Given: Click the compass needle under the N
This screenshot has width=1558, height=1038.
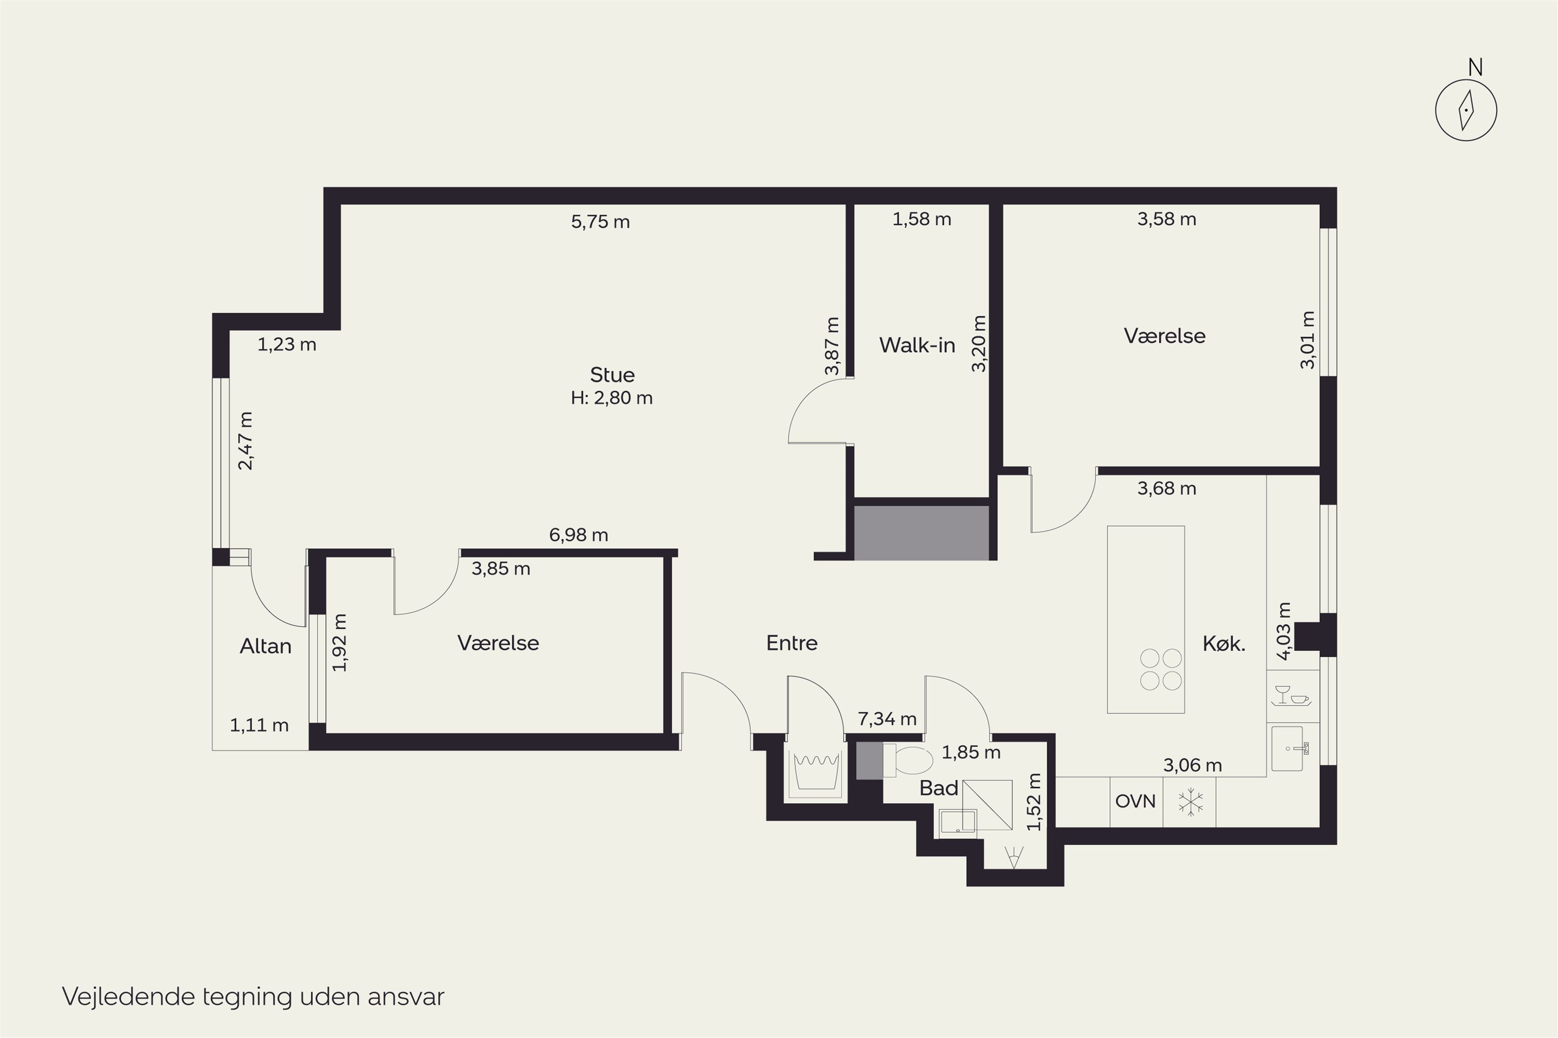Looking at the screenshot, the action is point(1467,110).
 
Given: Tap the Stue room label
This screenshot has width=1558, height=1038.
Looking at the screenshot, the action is point(612,375).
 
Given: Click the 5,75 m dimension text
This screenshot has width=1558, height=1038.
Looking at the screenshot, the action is point(600,221).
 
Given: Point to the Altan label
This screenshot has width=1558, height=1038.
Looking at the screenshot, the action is point(265,646).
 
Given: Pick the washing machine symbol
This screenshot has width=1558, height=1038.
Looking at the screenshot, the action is point(816,773).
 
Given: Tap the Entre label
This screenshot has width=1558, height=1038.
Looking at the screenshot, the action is point(791,643).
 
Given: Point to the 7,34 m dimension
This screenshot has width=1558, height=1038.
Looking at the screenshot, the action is point(887,718).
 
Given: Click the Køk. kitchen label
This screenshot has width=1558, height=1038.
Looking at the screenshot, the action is point(1224,644).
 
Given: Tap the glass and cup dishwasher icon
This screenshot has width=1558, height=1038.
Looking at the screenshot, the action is point(1292,696).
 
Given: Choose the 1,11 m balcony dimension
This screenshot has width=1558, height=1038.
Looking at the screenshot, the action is point(259,725).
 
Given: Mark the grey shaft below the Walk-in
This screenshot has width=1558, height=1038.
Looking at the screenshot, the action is point(921,533).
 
